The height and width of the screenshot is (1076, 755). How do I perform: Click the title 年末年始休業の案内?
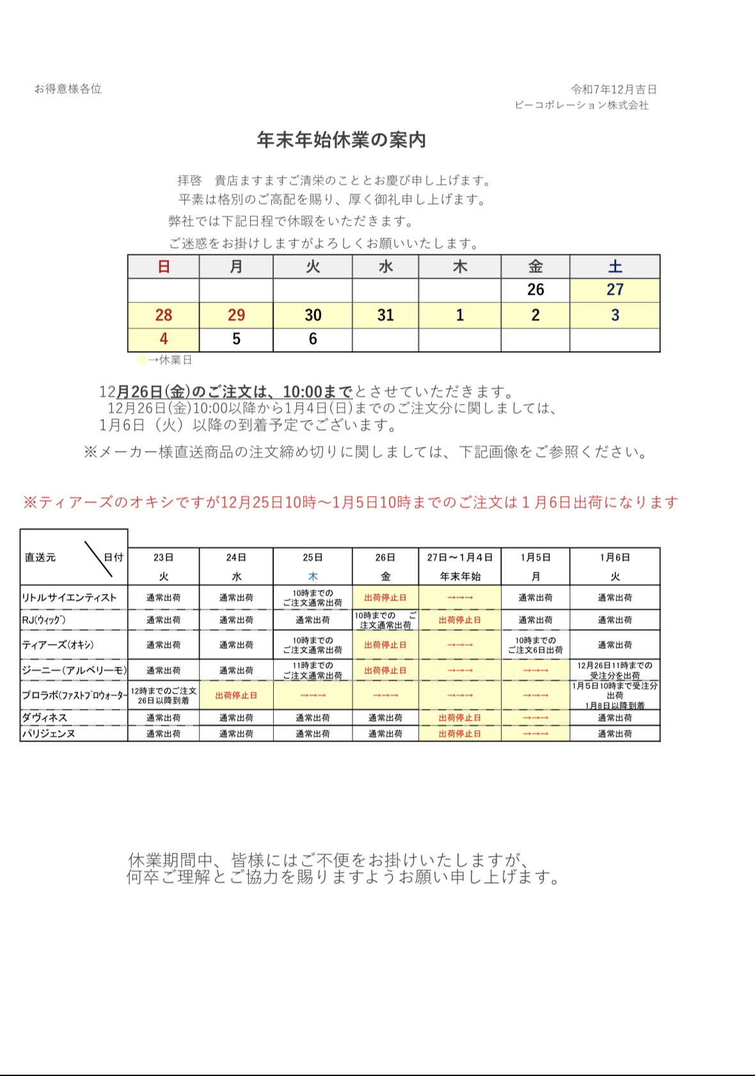click(341, 140)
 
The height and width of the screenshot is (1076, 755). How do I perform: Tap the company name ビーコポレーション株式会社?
click(581, 105)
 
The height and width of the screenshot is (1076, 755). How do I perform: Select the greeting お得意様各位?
click(68, 89)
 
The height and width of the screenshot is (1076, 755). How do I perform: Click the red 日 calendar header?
click(164, 267)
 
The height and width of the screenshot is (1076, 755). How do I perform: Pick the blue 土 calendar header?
click(615, 267)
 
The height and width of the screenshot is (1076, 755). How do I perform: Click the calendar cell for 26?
click(536, 290)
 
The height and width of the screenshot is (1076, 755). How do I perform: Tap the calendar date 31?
click(385, 315)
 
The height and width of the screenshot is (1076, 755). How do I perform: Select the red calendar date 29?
click(236, 315)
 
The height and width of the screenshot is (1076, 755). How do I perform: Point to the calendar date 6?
click(313, 339)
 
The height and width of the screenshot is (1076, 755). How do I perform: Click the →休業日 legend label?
click(170, 360)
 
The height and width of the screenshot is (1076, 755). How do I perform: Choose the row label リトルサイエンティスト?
click(69, 598)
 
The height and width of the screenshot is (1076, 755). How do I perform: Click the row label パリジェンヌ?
click(49, 734)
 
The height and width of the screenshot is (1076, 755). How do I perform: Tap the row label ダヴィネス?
click(45, 717)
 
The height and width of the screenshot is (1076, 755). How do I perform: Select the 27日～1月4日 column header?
click(459, 557)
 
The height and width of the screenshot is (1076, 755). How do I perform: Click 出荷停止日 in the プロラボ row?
click(236, 696)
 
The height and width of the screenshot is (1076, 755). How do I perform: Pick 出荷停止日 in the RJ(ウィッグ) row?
click(459, 620)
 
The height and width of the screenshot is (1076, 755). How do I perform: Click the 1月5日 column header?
click(536, 557)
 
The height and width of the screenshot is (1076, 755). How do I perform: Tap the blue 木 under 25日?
click(313, 576)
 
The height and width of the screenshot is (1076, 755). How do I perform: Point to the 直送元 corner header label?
click(40, 557)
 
